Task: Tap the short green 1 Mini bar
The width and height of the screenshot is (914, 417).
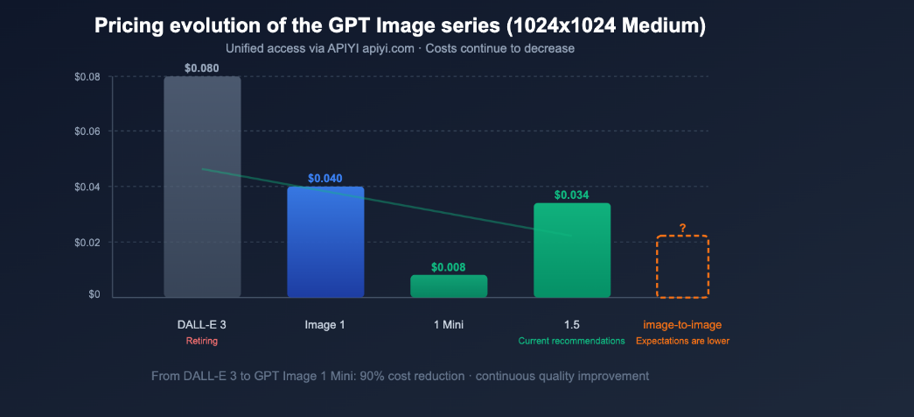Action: tap(449, 286)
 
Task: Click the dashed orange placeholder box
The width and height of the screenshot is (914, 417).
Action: tap(682, 267)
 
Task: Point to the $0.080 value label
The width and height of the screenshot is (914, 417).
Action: tap(202, 67)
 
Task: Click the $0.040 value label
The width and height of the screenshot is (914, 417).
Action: tap(325, 178)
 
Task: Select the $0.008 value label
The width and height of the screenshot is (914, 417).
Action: tap(449, 266)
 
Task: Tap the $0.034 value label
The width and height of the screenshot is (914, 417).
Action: tap(572, 194)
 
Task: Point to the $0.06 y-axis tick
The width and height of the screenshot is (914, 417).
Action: tap(87, 131)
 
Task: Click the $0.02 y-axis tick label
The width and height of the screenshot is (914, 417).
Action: tap(87, 242)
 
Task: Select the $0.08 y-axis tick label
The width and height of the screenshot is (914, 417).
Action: tap(87, 77)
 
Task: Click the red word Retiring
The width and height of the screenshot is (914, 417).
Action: tap(202, 341)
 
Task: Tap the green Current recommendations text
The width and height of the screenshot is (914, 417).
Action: tap(572, 341)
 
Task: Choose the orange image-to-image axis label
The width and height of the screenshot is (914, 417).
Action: tap(682, 325)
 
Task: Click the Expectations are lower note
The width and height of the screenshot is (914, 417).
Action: tap(682, 341)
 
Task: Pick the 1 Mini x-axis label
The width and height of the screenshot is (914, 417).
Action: tap(449, 325)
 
